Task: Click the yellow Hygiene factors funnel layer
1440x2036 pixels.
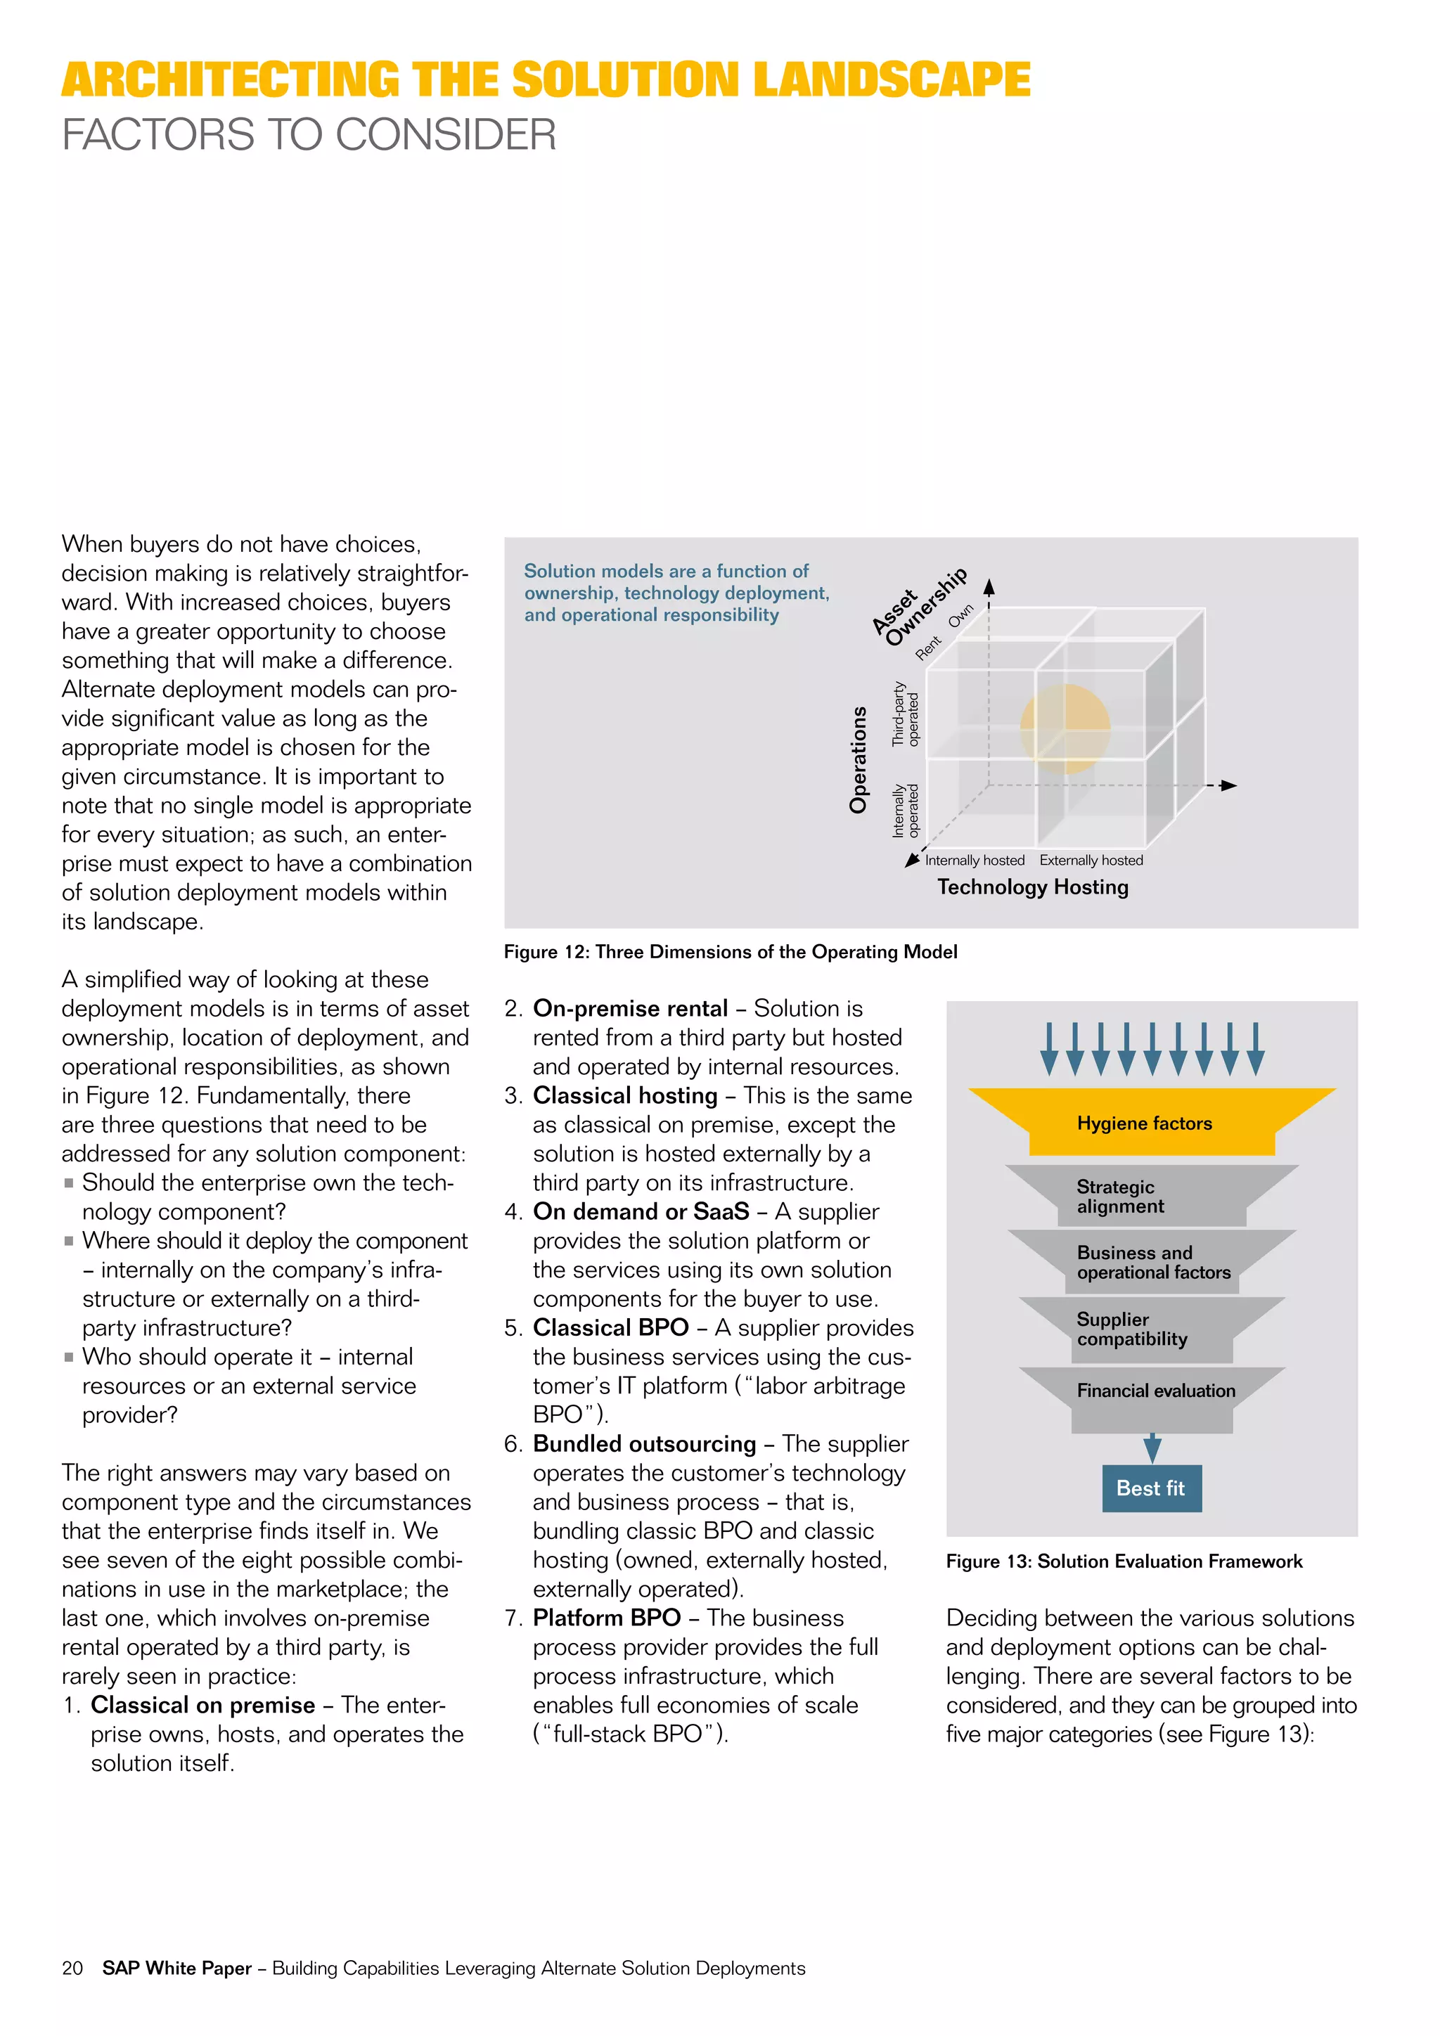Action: pyautogui.click(x=1151, y=1123)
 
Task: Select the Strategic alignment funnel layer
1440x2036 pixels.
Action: pyautogui.click(x=1151, y=1197)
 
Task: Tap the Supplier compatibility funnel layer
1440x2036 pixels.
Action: pyautogui.click(x=1151, y=1329)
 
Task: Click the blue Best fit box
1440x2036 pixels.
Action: pyautogui.click(x=1151, y=1488)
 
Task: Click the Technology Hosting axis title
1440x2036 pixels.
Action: pyautogui.click(x=1033, y=887)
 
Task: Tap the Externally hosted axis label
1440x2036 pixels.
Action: pyautogui.click(x=1091, y=860)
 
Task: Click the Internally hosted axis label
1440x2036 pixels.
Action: pyautogui.click(x=975, y=860)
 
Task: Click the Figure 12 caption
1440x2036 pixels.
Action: pyautogui.click(x=731, y=951)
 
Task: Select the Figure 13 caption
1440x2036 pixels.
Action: pyautogui.click(x=1124, y=1561)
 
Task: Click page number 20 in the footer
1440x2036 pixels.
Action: pyautogui.click(x=72, y=1968)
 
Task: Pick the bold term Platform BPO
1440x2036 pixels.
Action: pyautogui.click(x=607, y=1618)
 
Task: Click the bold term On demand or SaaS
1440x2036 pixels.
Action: pyautogui.click(x=641, y=1211)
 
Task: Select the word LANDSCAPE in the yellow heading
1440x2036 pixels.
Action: pyautogui.click(x=891, y=80)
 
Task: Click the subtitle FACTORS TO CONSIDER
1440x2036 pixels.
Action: pyautogui.click(x=309, y=135)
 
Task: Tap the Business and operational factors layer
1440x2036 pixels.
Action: pyautogui.click(x=1152, y=1263)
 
